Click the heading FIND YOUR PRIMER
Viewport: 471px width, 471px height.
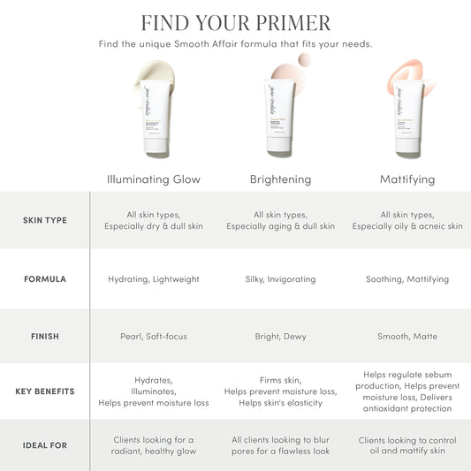235,22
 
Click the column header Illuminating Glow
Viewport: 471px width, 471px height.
154,179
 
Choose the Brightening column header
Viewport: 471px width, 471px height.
280,179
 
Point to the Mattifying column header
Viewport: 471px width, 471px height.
407,179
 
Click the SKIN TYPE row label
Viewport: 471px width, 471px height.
44,220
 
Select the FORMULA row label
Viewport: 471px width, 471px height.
44,279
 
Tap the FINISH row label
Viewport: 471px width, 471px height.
44,336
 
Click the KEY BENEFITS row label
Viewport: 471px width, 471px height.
44,391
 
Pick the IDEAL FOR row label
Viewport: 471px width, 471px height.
44,445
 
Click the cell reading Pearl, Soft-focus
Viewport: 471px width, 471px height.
154,336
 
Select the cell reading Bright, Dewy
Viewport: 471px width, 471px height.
280,336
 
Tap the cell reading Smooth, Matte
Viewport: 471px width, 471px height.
407,336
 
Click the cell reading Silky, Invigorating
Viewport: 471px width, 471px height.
280,279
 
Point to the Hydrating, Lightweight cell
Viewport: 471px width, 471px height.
154,279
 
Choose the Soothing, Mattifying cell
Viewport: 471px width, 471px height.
407,279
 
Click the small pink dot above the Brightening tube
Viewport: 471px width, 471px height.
305,59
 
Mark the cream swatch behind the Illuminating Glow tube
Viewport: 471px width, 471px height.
158,72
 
